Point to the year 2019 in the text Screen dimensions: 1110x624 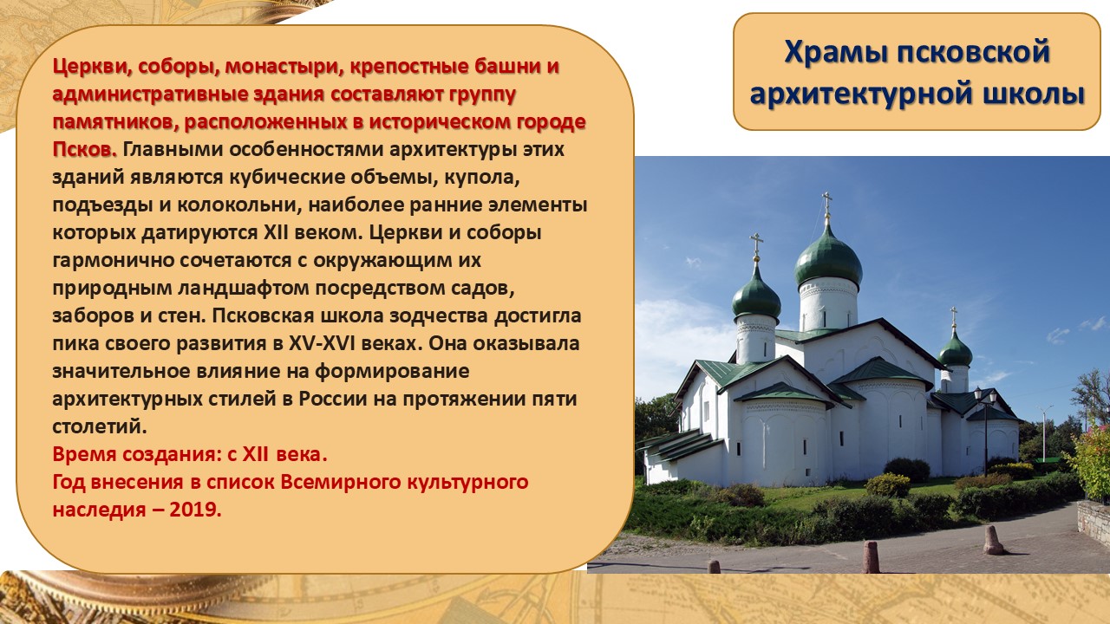195,510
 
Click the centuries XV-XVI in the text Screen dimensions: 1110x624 322,343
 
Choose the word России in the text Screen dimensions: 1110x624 332,399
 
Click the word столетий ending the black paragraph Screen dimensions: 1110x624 100,426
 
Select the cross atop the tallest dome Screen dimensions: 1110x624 826,204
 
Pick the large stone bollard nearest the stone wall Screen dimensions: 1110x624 993,540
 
